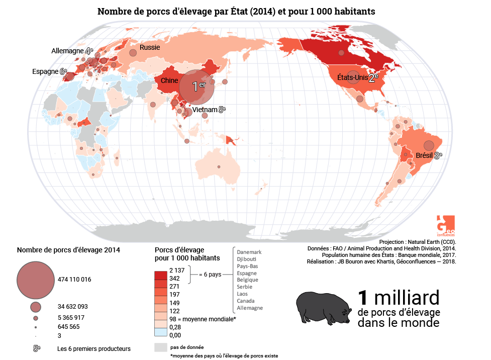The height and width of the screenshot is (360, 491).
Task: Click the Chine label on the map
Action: (x=170, y=80)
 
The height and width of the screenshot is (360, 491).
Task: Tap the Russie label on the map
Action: (x=150, y=48)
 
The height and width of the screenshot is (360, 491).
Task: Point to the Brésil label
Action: (x=424, y=156)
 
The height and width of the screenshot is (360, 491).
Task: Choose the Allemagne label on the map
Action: (x=68, y=51)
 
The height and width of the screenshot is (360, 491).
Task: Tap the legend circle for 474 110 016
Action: (x=35, y=279)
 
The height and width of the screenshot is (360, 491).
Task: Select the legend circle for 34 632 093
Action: (x=35, y=306)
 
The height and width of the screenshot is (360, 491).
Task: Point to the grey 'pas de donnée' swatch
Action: (x=160, y=347)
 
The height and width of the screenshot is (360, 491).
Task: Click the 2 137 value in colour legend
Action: (x=177, y=271)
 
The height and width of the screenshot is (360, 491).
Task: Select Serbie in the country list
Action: (x=245, y=287)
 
